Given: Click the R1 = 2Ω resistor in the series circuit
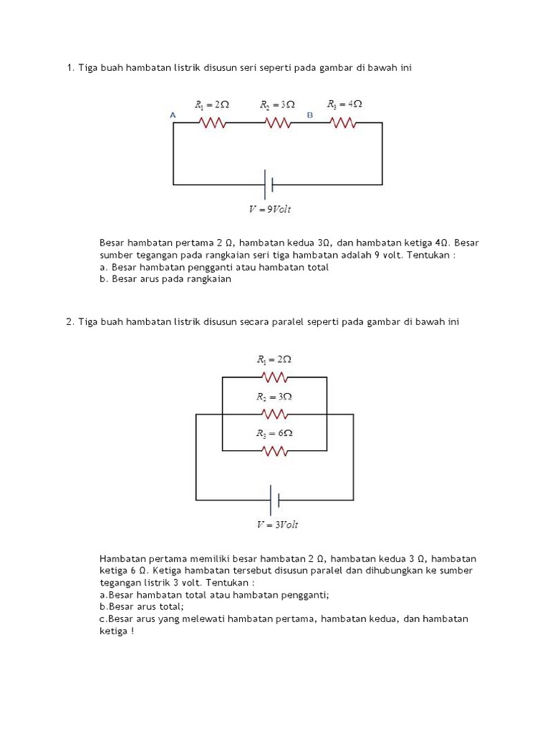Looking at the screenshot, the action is (213, 123).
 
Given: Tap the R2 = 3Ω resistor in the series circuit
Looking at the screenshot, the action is (279, 123).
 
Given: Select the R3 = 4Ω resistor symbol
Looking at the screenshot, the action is (344, 123).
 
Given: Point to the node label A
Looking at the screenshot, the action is (173, 115).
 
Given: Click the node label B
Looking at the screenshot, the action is (309, 115).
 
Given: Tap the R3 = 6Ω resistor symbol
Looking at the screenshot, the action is (275, 451).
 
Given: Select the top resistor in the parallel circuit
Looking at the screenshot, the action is (275, 377).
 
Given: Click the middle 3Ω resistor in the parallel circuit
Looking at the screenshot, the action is (275, 414).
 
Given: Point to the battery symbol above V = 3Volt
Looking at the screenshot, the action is (273, 499).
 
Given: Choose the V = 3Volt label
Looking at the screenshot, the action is (277, 525).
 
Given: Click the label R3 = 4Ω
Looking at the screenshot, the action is (344, 105).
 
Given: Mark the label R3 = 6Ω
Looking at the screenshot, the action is (275, 434).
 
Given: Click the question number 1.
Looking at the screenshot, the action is (69, 68).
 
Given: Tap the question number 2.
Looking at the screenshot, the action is (69, 322).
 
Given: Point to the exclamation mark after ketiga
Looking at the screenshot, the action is (132, 631).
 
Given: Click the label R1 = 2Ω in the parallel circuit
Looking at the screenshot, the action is (274, 359).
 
